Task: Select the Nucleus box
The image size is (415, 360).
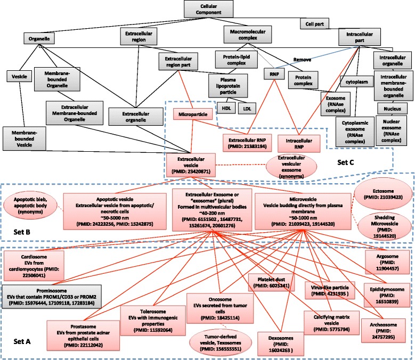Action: (388, 106)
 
